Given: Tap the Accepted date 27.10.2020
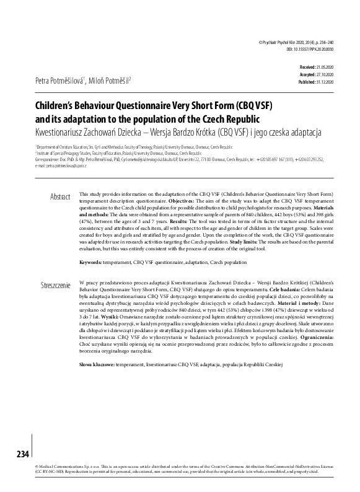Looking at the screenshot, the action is point(325,73).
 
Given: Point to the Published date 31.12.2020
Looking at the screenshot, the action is point(325,81).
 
